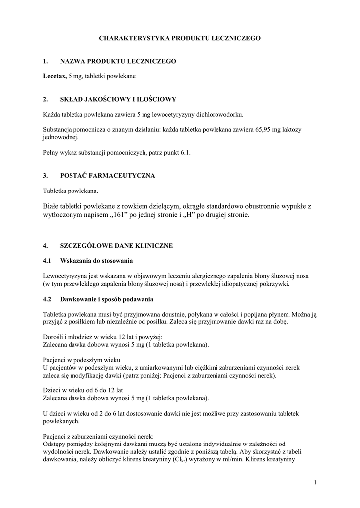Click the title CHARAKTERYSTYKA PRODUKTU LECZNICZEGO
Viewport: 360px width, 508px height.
(x=180, y=38)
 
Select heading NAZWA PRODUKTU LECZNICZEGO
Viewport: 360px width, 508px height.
(x=118, y=61)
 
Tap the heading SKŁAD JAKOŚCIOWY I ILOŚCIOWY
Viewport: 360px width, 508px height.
(x=118, y=99)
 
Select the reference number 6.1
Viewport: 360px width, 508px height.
(x=185, y=153)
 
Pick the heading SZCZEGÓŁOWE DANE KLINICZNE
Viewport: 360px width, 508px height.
(x=116, y=245)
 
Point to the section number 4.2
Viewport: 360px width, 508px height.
(x=47, y=299)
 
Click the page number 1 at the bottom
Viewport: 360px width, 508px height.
(x=315, y=482)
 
